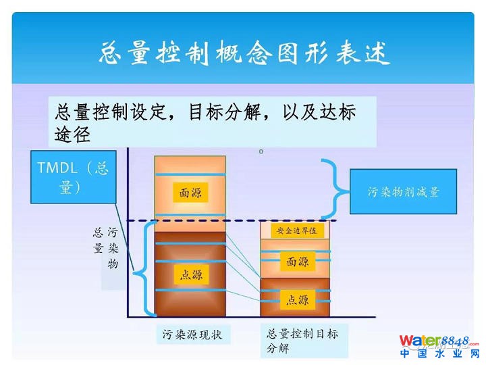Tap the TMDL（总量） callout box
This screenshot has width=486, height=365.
click(x=72, y=177)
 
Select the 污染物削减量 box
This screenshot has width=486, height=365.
click(x=403, y=192)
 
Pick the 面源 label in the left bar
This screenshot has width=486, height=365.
click(x=190, y=193)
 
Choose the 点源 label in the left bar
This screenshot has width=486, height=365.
click(x=190, y=274)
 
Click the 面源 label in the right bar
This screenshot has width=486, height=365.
click(x=297, y=262)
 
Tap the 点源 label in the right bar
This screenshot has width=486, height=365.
click(x=297, y=299)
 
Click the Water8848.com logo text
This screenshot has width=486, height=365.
click(x=438, y=341)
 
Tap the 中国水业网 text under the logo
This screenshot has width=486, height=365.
click(x=438, y=354)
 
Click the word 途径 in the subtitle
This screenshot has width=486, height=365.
click(x=73, y=134)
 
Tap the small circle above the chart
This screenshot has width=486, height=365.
click(x=261, y=151)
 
